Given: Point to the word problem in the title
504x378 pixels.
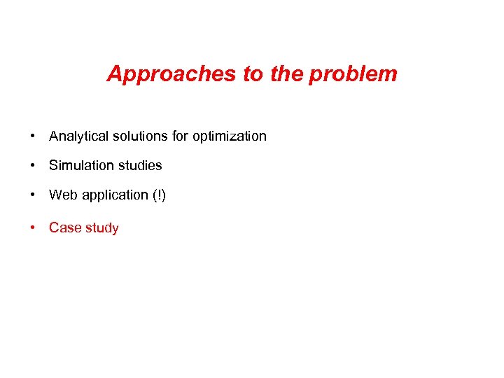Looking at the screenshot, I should pyautogui.click(x=353, y=74).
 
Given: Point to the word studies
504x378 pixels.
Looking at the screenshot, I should pyautogui.click(x=138, y=165).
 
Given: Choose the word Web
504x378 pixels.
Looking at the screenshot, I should pyautogui.click(x=63, y=195).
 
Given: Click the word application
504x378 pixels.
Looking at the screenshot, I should pyautogui.click(x=110, y=195).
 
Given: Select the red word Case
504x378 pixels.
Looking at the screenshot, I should pyautogui.click(x=64, y=227).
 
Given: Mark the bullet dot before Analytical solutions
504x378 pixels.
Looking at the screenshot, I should pyautogui.click(x=33, y=136).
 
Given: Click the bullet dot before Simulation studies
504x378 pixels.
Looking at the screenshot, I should pyautogui.click(x=33, y=165).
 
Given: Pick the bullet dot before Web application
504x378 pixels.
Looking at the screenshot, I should pyautogui.click(x=33, y=195).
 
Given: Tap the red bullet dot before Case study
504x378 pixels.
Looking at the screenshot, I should pyautogui.click(x=33, y=227).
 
